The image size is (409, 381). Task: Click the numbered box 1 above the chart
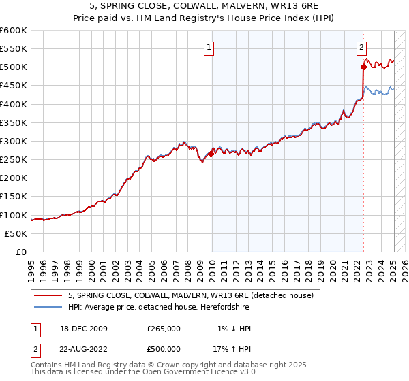click(208, 48)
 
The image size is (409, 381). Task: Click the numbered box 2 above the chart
click(361, 48)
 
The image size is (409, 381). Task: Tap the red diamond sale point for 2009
click(211, 154)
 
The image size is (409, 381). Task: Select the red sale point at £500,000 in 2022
click(363, 67)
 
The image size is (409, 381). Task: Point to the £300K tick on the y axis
click(14, 141)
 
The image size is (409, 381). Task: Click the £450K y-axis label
click(14, 85)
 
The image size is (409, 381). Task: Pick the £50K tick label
click(16, 233)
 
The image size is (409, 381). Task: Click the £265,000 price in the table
click(164, 329)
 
